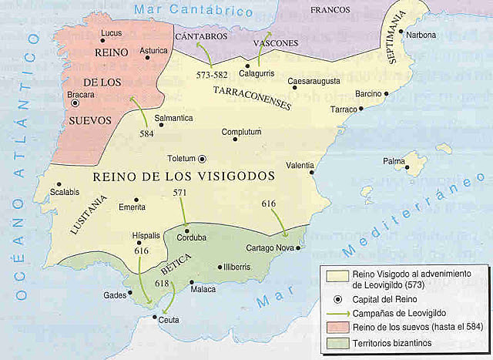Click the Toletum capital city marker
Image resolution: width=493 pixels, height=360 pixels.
(x=202, y=159)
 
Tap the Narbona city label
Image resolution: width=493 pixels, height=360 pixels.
(x=422, y=35)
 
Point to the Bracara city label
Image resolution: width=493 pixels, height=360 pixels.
(x=82, y=95)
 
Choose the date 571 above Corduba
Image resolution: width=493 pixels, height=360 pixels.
(x=180, y=193)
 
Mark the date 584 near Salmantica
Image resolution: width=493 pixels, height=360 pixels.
(x=147, y=132)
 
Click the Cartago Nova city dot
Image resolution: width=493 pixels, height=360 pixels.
(x=298, y=248)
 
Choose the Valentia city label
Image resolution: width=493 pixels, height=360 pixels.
(x=300, y=166)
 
